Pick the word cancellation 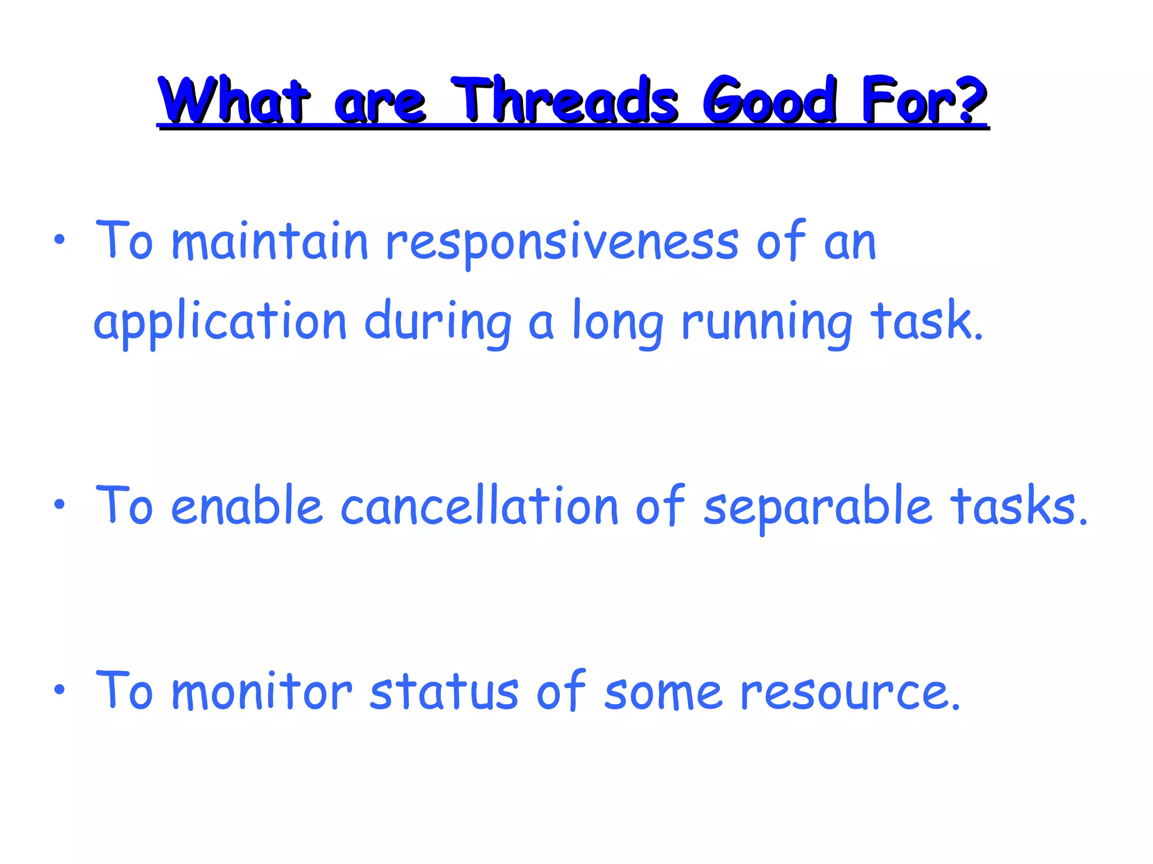[479, 506]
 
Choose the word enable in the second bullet [246, 506]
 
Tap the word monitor [261, 692]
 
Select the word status [444, 692]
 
